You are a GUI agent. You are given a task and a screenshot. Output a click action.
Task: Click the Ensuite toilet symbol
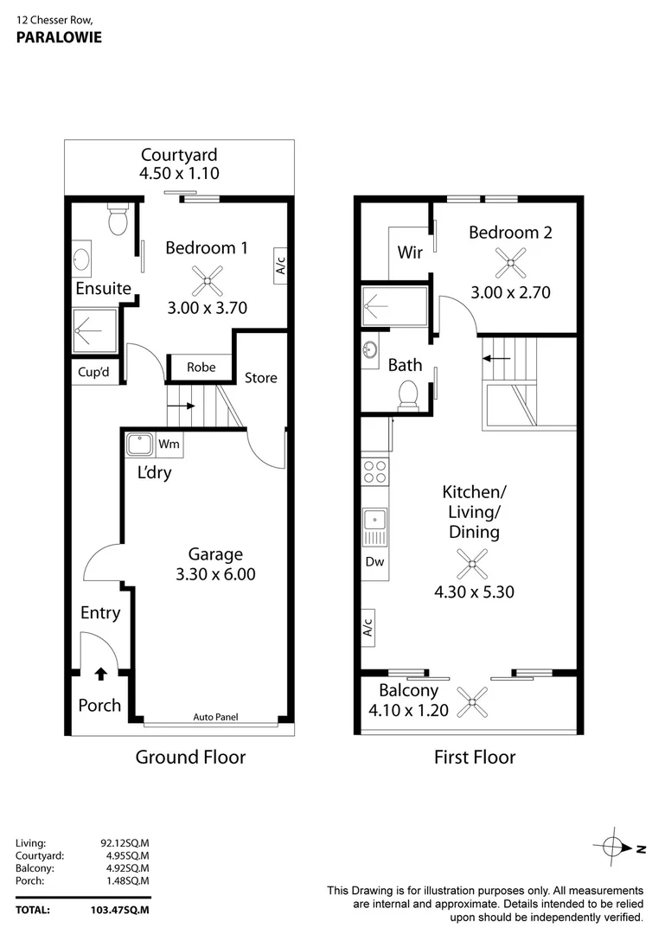pyautogui.click(x=118, y=221)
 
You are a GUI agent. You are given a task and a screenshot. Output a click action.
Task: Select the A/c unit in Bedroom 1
pyautogui.click(x=280, y=263)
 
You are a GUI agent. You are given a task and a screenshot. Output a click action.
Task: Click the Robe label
pyautogui.click(x=201, y=367)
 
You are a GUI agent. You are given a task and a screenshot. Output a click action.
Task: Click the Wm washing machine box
pyautogui.click(x=169, y=445)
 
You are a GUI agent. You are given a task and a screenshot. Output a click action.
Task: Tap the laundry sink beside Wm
pyautogui.click(x=138, y=445)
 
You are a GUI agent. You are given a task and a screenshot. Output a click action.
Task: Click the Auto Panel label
pyautogui.click(x=215, y=717)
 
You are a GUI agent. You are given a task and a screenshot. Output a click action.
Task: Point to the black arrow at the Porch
pyautogui.click(x=100, y=672)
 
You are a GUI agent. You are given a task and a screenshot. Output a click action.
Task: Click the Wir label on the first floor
pyautogui.click(x=409, y=253)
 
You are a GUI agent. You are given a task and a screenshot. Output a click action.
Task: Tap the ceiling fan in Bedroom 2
pyautogui.click(x=510, y=259)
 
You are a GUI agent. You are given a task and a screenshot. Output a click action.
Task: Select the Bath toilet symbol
pyautogui.click(x=407, y=394)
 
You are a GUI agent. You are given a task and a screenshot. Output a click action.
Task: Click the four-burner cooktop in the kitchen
pyautogui.click(x=374, y=471)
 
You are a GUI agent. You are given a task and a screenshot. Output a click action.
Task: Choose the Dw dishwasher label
pyautogui.click(x=374, y=561)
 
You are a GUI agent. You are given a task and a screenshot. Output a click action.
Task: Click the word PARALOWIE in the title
pyautogui.click(x=59, y=37)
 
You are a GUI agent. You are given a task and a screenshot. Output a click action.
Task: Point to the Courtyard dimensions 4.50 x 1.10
pyautogui.click(x=179, y=173)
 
